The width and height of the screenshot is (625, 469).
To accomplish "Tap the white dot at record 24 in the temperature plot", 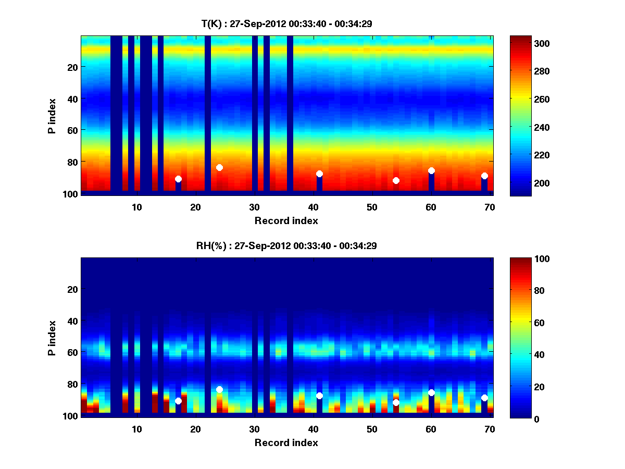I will (x=219, y=167).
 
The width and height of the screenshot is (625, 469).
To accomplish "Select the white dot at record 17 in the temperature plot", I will (x=178, y=179).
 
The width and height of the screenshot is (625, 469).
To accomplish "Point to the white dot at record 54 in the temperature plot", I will (x=396, y=180).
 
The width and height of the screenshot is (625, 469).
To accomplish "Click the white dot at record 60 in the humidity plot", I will (x=431, y=392).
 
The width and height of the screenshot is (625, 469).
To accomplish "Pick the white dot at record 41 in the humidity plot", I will (x=319, y=396).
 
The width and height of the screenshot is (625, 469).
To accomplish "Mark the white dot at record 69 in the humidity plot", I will (x=484, y=398).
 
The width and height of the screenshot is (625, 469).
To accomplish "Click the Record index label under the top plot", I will (x=286, y=220).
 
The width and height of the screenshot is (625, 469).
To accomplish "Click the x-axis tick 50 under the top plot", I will (x=372, y=207).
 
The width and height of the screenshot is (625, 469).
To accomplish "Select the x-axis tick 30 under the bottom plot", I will (x=255, y=429).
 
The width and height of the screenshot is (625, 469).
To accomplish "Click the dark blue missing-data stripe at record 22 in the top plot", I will (x=208, y=104).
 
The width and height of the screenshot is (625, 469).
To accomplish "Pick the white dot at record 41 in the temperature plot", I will (x=319, y=174).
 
